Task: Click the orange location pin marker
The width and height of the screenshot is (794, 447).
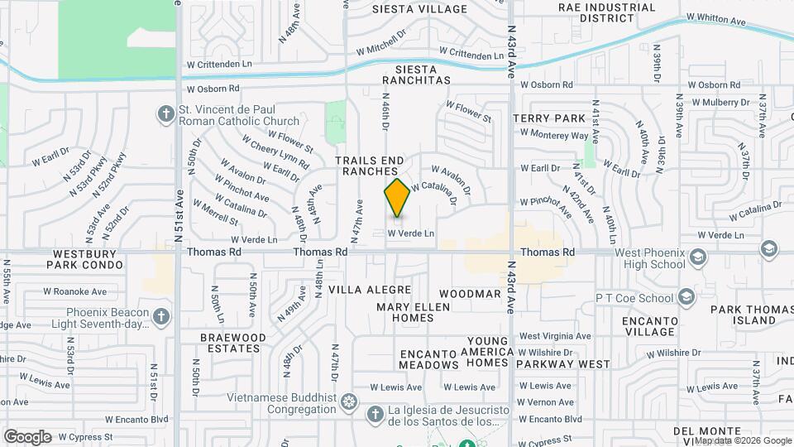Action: pos(397,198)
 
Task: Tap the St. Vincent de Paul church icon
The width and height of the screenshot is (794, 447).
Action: pos(165,113)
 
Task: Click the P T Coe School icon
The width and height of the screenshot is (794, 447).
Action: pos(686,296)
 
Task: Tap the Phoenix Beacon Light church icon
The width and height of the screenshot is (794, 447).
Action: pos(161,317)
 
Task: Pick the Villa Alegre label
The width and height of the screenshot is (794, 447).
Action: pos(370,290)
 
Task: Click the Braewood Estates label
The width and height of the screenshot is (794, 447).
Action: pos(233,344)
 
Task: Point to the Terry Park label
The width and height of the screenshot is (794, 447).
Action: pos(543,118)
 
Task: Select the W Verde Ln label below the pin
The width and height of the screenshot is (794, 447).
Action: pos(411,233)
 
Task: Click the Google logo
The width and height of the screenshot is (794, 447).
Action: pos(27,436)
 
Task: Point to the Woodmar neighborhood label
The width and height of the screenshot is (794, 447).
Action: pos(470,294)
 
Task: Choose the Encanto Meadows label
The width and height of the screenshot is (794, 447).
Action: pos(429,358)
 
